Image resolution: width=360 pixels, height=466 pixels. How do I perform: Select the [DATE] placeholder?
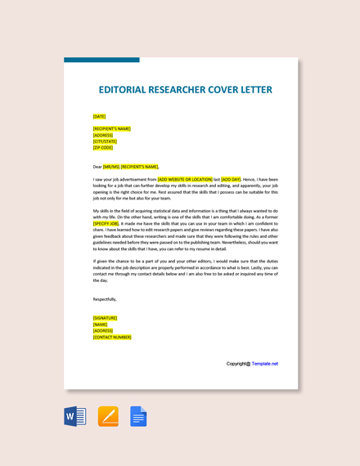(x=99, y=116)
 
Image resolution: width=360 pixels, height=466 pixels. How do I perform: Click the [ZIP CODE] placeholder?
(x=103, y=147)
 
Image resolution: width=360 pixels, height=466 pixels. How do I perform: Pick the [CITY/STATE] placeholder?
(x=105, y=141)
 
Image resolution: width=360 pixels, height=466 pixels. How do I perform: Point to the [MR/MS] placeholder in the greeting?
(x=111, y=166)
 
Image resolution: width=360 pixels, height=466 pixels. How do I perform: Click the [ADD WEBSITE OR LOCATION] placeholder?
(x=185, y=179)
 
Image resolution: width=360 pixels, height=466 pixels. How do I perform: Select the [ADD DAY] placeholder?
(x=231, y=179)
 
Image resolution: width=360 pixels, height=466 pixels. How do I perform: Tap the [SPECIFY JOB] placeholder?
(x=106, y=223)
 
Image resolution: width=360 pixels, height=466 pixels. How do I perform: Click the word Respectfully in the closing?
(x=105, y=299)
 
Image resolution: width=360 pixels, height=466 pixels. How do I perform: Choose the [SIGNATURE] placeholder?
(x=105, y=318)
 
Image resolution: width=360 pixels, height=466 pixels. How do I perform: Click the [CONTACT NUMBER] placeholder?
(x=112, y=337)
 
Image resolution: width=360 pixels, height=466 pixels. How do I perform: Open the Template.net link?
(x=265, y=364)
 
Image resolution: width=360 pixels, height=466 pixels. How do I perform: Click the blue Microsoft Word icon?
(x=75, y=416)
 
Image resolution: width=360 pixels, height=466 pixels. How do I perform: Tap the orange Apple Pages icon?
(x=108, y=416)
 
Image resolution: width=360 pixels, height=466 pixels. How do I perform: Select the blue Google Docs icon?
(x=138, y=416)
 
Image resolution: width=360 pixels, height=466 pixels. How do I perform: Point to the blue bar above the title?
(x=101, y=60)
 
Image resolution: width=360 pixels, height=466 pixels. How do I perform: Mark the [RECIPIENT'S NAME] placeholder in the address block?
(x=111, y=128)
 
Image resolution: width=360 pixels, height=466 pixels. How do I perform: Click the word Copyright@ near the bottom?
(x=238, y=364)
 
